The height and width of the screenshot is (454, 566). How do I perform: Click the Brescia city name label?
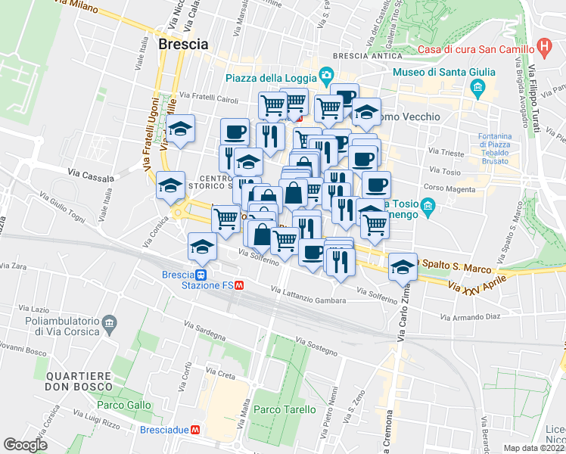click(x=183, y=45)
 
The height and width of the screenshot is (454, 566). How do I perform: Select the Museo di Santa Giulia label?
click(x=443, y=73)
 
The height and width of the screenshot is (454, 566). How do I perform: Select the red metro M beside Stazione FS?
click(x=238, y=286)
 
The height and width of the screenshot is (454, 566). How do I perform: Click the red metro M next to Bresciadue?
click(x=195, y=429)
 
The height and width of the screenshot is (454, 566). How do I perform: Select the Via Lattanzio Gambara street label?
click(x=309, y=296)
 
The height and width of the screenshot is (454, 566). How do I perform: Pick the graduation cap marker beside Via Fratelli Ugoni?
click(x=181, y=130)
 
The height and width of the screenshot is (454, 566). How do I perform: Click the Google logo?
click(x=25, y=444)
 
